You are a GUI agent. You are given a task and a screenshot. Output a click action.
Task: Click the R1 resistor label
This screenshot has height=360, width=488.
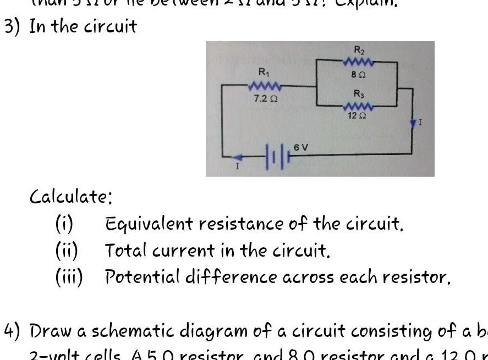263,71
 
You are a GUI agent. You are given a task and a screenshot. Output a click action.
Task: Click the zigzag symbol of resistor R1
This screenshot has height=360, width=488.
265,86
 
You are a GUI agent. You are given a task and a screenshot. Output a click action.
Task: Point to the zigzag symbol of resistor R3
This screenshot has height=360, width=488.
358,106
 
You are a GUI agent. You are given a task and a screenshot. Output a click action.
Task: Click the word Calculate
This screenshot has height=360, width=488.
71,196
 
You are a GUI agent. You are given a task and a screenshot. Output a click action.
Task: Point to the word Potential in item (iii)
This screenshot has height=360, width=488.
139,277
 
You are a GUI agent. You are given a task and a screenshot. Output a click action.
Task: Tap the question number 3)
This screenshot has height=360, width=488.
12,26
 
